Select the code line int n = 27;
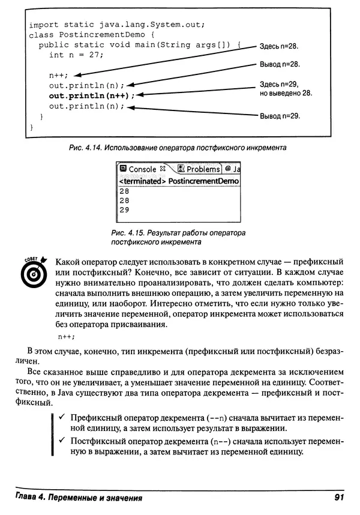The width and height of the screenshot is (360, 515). coord(76,55)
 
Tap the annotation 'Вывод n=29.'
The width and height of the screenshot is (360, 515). coord(279,116)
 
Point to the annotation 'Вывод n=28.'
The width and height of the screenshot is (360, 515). coord(279,64)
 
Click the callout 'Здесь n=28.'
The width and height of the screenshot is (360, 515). coord(279,46)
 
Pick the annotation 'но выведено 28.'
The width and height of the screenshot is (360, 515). coord(286,94)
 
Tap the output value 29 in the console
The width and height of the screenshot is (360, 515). coord(124,210)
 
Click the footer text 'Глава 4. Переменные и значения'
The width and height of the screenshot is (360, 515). coord(75,498)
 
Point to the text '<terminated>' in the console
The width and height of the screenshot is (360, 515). coord(141,181)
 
